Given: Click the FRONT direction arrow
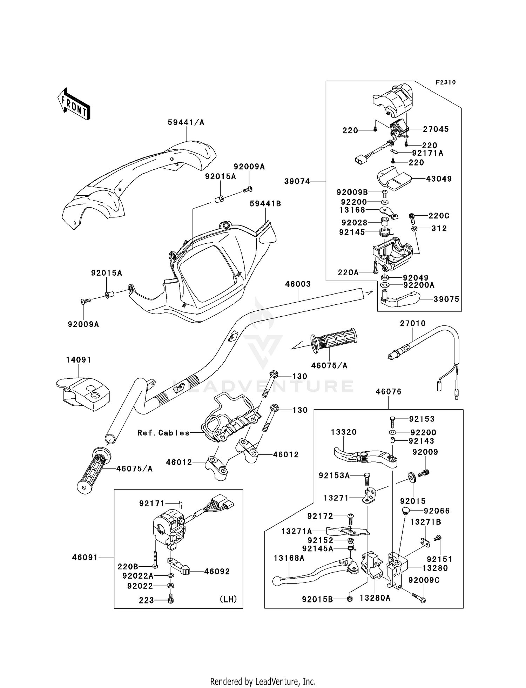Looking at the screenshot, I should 74,104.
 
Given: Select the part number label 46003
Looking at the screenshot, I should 298,284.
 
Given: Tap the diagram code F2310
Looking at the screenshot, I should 446,82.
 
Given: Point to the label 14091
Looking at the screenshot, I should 79,360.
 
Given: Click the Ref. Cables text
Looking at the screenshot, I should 163,433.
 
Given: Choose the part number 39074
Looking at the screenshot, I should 297,181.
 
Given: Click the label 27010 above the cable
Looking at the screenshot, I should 413,323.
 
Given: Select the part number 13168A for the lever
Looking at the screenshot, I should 289,558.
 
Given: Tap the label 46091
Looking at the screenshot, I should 85,557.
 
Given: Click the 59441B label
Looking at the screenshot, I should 265,204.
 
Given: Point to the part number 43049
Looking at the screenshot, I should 439,179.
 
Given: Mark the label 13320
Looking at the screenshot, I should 344,432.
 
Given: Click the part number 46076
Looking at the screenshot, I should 389,392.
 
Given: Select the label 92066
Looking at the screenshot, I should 437,511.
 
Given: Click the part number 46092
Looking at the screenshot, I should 217,572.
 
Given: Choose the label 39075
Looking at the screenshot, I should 446,299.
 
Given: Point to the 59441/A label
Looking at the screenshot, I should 186,123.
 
